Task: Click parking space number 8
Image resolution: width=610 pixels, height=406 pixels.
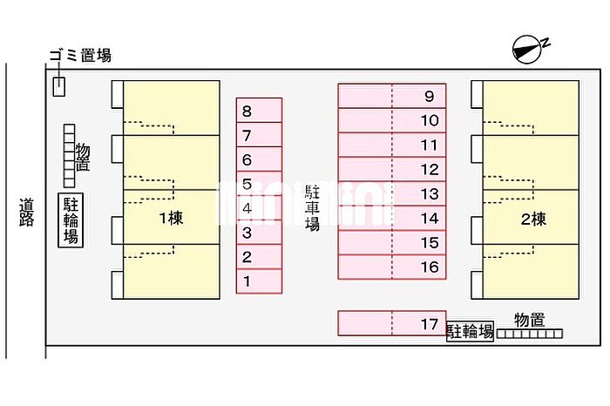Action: (x=259, y=111)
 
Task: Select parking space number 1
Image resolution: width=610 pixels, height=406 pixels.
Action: (x=259, y=281)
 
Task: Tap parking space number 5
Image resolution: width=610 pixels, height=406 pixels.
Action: (x=259, y=184)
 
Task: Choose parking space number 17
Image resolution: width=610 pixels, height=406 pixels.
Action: (x=392, y=323)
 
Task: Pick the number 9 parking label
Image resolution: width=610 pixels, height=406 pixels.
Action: (x=429, y=96)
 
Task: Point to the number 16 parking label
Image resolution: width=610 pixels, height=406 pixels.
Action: (x=430, y=267)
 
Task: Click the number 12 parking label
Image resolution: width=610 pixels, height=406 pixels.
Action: (x=430, y=170)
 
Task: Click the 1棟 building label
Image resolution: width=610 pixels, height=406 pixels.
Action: (x=171, y=218)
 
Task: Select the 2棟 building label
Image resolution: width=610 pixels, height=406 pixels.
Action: (x=533, y=220)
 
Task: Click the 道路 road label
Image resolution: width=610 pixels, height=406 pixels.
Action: (x=26, y=213)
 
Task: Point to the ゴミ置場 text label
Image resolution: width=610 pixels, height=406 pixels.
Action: (x=80, y=56)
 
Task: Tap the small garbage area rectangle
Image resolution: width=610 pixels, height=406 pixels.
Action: (x=58, y=86)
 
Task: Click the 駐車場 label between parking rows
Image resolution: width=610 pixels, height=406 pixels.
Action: (x=312, y=208)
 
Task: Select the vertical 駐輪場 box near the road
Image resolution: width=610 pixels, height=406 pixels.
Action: (x=71, y=220)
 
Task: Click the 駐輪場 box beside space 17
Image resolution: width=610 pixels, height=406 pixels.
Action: (x=470, y=331)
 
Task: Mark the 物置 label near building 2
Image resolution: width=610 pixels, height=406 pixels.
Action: (x=529, y=320)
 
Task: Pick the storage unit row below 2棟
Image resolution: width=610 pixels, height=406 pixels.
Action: (x=530, y=334)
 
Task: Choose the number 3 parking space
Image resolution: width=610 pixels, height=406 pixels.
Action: (x=259, y=233)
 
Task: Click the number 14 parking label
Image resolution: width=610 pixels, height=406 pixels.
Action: (x=430, y=219)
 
